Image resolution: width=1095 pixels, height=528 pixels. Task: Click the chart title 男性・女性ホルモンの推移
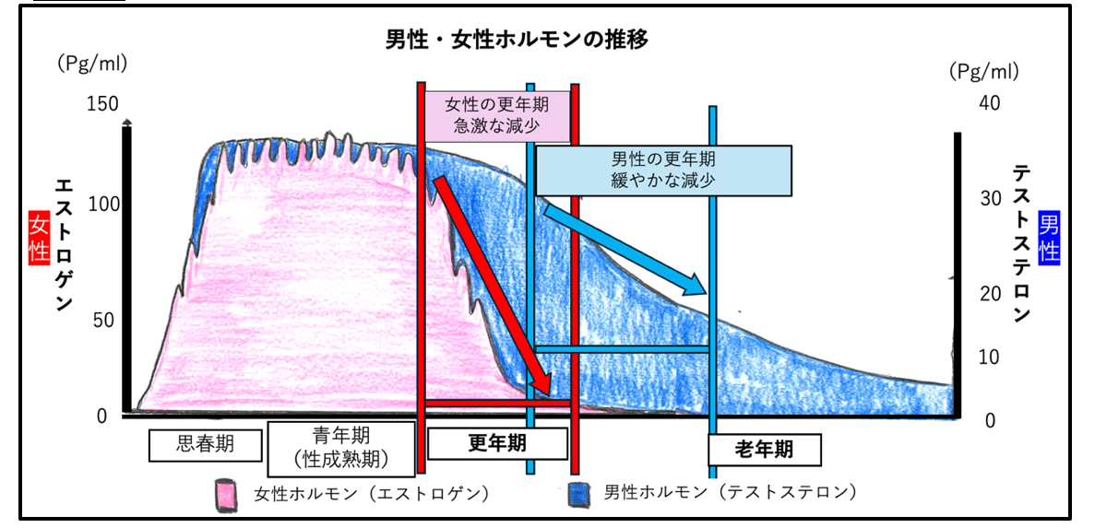point(517,41)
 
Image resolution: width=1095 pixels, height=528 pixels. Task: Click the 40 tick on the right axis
point(990,103)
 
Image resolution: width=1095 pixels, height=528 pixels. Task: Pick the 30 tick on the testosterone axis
point(990,199)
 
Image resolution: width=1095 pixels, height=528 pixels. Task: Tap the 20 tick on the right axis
point(990,295)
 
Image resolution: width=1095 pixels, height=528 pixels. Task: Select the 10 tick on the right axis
point(990,358)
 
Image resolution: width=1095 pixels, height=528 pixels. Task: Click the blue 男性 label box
point(1049,238)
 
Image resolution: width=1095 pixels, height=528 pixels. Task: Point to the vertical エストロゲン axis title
point(65,244)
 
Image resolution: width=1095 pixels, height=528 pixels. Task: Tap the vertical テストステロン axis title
point(1021,244)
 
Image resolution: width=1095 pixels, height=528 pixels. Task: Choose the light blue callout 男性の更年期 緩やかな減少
point(663,170)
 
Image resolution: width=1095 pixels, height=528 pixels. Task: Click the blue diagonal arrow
point(626,250)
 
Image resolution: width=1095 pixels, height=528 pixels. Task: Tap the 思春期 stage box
point(204,445)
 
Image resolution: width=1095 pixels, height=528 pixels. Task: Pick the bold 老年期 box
point(763,451)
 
